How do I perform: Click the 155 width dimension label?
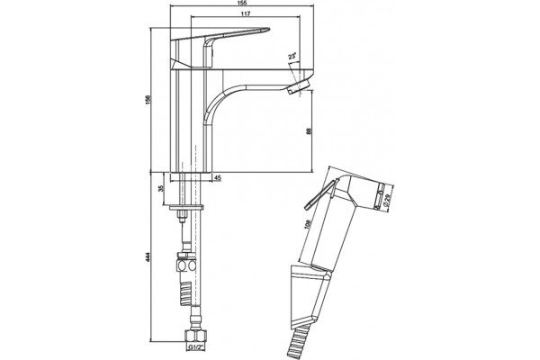(x=242, y=3)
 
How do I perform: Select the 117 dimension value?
(x=245, y=13)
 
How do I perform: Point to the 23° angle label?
(x=292, y=56)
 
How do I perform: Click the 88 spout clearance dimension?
(x=309, y=130)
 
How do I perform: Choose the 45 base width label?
(x=218, y=178)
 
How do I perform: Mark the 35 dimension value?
(x=160, y=189)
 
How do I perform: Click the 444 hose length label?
(x=148, y=257)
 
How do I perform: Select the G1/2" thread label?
(x=194, y=347)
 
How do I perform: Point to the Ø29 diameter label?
(x=386, y=200)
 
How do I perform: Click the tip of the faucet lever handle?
(x=268, y=30)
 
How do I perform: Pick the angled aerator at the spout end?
(x=298, y=85)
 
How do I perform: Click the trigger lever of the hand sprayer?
(x=319, y=194)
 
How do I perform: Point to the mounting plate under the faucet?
(x=186, y=207)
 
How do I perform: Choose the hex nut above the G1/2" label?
(x=194, y=337)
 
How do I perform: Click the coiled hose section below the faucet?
(x=185, y=292)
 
